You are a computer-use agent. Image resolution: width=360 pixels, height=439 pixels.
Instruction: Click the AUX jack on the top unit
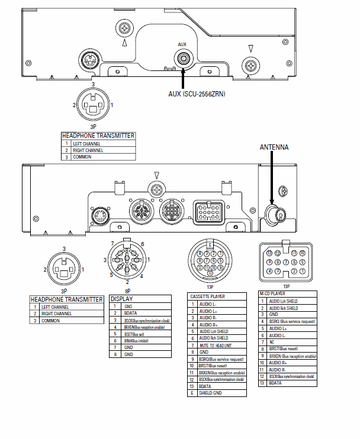(x=184, y=58)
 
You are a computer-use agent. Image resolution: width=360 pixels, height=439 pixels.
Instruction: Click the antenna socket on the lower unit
(x=274, y=214)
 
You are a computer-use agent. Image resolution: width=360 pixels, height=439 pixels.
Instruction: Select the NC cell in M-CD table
(x=272, y=341)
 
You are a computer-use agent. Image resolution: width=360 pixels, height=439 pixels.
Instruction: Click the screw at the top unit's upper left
(x=125, y=27)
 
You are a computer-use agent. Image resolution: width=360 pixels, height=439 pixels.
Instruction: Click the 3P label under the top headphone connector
(x=93, y=127)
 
